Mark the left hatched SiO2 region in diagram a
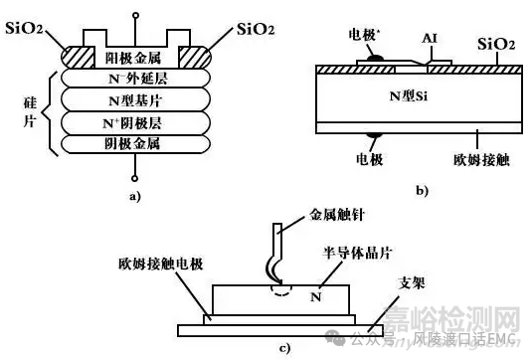pos(80,54)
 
